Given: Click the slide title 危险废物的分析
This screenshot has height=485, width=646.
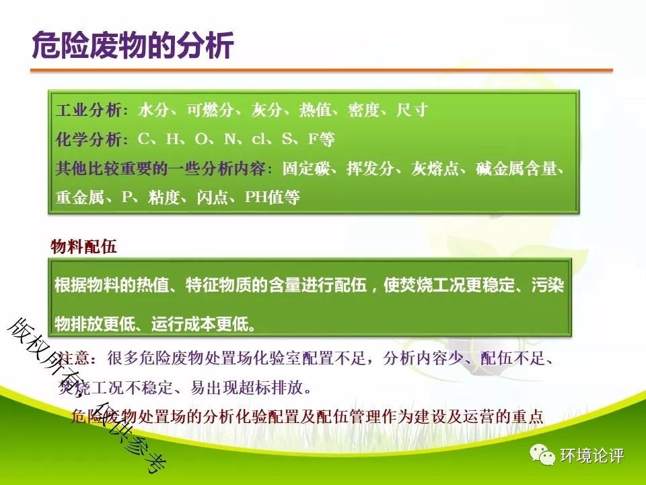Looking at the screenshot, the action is (x=133, y=44).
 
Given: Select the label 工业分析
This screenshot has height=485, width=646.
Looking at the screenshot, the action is (x=89, y=110).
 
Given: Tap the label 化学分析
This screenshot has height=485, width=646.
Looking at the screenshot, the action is (x=89, y=139).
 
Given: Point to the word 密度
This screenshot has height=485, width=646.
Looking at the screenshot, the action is (x=363, y=110).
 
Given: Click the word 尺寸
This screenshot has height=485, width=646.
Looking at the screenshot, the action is (x=412, y=110).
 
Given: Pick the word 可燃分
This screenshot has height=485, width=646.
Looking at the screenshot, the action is (x=210, y=110).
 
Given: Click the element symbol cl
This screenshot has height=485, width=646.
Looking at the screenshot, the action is (x=258, y=139).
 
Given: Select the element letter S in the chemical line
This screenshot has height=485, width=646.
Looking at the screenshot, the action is (x=287, y=139).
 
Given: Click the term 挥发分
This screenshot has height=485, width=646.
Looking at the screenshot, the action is (x=371, y=168).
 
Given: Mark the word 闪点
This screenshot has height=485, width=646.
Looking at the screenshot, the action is (x=213, y=197).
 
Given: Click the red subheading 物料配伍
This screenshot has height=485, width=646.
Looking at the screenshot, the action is (x=83, y=247).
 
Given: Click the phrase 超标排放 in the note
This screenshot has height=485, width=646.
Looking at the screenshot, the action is (x=271, y=387).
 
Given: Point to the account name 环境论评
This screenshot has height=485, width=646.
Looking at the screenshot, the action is (x=591, y=456).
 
